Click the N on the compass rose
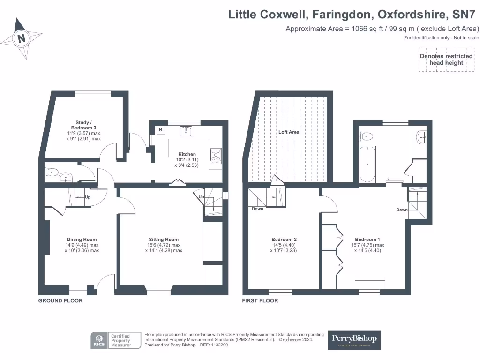pos(22,38)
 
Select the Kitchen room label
pos(187,154)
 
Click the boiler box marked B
pos(160,129)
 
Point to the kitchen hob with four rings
pos(217,155)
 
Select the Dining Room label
pos(82,240)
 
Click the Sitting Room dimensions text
pos(164,248)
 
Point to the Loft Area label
pos(289,132)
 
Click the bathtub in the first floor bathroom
pos(367,165)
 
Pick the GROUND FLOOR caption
pos(60,300)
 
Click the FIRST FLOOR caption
pos(260,300)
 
